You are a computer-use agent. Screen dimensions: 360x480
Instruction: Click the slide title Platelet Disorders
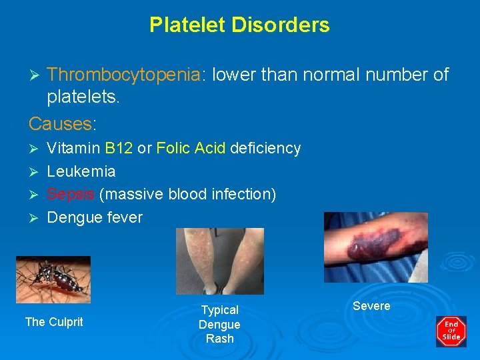point(239,25)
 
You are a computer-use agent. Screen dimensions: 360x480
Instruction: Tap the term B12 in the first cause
point(119,148)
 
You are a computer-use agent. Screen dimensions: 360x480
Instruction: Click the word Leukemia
point(81,171)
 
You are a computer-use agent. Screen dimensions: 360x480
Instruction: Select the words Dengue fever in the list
point(95,217)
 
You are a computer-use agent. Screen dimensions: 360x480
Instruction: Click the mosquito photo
point(53,279)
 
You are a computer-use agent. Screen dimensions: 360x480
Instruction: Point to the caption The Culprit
point(54,322)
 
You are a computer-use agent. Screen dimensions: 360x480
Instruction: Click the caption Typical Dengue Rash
point(219,324)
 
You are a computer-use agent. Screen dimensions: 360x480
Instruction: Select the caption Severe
point(371,306)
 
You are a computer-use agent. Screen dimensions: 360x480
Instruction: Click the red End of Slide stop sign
point(451,331)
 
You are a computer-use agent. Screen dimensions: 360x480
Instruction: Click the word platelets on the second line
point(83,98)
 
